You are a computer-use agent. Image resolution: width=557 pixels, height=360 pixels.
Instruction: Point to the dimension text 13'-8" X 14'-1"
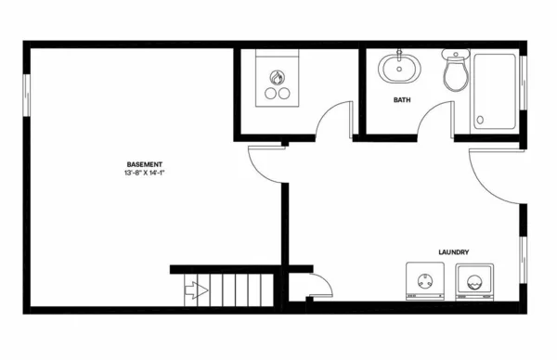[x=147, y=174]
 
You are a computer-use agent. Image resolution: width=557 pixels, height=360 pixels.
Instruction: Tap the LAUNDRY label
[x=452, y=252]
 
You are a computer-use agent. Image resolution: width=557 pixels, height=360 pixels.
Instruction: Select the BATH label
[x=402, y=99]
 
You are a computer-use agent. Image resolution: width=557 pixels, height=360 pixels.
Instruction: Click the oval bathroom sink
[x=398, y=68]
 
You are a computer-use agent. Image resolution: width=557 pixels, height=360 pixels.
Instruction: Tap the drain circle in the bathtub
[x=480, y=120]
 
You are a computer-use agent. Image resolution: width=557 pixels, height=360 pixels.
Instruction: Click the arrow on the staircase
[x=198, y=289]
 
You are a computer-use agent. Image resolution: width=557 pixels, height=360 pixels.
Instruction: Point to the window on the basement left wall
[x=26, y=95]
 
